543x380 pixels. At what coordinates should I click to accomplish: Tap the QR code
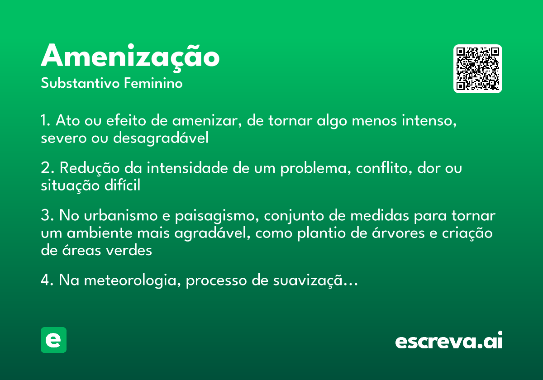(x=478, y=69)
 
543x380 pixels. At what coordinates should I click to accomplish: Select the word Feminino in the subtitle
(x=153, y=84)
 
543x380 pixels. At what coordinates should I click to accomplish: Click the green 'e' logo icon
(x=53, y=340)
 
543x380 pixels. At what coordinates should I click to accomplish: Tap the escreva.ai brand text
(x=449, y=341)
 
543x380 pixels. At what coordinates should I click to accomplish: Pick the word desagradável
(x=161, y=138)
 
